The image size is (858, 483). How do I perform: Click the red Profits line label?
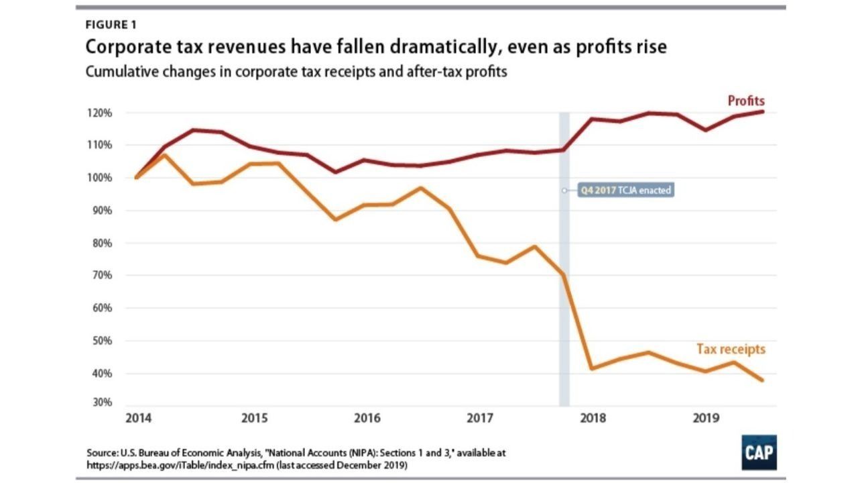point(746,101)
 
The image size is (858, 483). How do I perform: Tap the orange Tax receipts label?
point(731,350)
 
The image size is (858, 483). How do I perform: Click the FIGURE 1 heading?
point(111,25)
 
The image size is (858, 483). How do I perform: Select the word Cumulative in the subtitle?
point(120,72)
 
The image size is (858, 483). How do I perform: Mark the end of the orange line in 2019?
point(762,380)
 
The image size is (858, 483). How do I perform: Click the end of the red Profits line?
point(762,111)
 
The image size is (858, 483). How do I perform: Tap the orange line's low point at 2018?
point(591,368)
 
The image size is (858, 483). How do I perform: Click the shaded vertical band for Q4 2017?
point(564,302)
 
